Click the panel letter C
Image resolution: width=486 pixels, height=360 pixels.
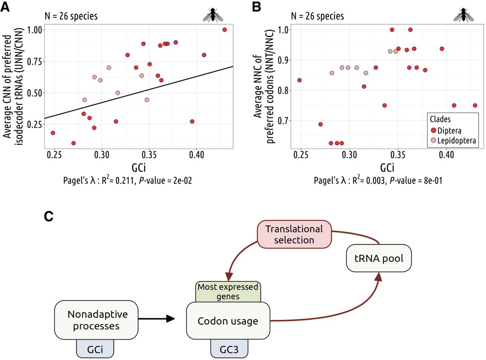coord(49,216)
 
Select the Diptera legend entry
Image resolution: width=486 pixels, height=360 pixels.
coord(447,131)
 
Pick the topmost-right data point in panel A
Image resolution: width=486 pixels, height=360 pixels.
coord(224,30)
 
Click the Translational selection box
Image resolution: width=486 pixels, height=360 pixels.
coord(294,234)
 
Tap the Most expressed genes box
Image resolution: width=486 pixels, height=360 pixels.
coord(227,291)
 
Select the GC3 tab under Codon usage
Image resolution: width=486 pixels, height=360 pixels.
coord(229,348)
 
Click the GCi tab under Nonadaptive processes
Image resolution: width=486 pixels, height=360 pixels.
coord(95,348)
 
